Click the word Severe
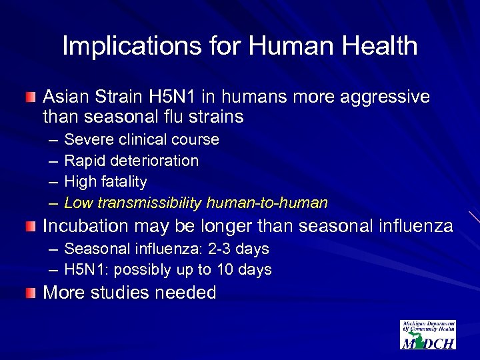pyautogui.click(x=89, y=139)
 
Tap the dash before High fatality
pyautogui.click(x=53, y=181)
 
